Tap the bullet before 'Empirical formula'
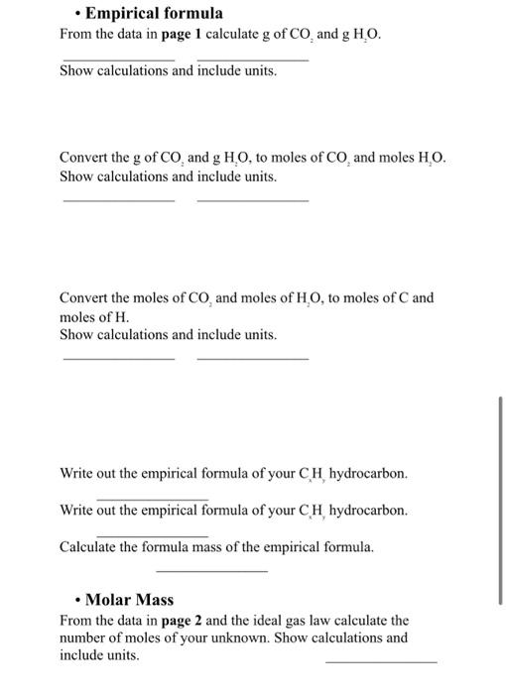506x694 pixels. (x=76, y=14)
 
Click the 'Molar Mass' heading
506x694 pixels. (x=129, y=600)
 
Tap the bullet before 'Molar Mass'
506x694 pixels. (x=76, y=600)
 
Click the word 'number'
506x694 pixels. (x=82, y=638)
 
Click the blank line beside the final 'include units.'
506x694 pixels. (x=380, y=660)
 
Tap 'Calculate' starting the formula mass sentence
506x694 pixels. (x=90, y=546)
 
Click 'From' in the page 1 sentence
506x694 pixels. (x=76, y=36)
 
